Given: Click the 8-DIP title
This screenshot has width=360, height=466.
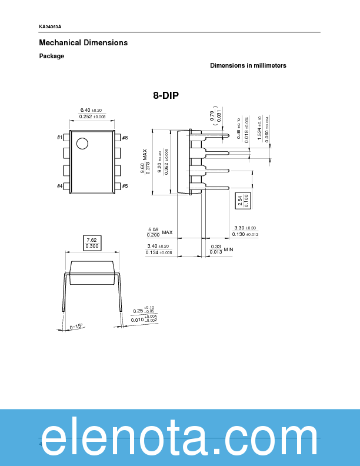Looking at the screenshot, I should pos(166,95).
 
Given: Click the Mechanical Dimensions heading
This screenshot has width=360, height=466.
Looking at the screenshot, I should pos(83,43).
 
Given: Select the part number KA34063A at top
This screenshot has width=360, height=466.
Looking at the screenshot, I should pos(50,27).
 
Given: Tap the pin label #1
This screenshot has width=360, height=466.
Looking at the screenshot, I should pos(59,138).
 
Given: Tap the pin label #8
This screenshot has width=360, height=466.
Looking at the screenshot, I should pos(125,138).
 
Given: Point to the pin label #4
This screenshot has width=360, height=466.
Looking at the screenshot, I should pos(59,186).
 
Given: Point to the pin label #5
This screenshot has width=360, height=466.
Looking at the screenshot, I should pos(125,186).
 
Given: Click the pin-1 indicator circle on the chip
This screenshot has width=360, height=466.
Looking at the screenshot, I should pos(82,143).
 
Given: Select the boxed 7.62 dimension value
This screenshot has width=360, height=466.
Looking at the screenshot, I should pos(92,240).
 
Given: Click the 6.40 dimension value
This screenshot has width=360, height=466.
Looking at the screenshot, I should pos(85,110).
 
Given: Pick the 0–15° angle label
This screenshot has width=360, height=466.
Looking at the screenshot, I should pos(76,327).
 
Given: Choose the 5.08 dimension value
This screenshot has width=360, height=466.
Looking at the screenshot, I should pos(153,229).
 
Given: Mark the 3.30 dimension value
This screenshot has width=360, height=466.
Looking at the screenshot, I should pos(239,228).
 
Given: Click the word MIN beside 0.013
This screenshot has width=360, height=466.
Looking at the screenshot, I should pos(229,250).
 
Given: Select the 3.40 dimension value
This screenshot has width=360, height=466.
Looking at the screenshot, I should pos(152,246).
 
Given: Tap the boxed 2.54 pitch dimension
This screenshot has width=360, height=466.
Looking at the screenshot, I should pos(239,200).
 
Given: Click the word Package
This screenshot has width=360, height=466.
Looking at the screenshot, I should pos(52,56).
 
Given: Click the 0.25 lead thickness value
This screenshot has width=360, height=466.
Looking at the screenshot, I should pos(138,311).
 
